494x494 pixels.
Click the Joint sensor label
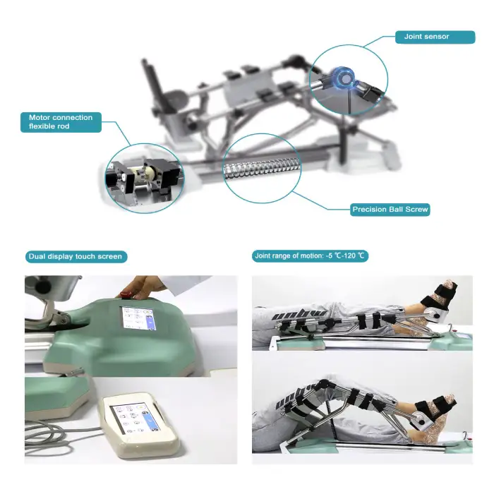click(x=435, y=37)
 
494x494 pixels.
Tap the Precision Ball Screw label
click(x=390, y=210)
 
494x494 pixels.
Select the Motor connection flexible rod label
click(x=61, y=122)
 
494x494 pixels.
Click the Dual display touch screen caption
click(x=76, y=256)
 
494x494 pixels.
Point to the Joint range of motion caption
click(x=310, y=255)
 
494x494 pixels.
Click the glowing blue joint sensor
click(x=342, y=77)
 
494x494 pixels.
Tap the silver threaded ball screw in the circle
click(x=261, y=168)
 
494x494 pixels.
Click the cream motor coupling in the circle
click(x=144, y=174)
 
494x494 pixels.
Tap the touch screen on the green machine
click(x=139, y=318)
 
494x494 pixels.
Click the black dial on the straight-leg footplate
click(x=437, y=315)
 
